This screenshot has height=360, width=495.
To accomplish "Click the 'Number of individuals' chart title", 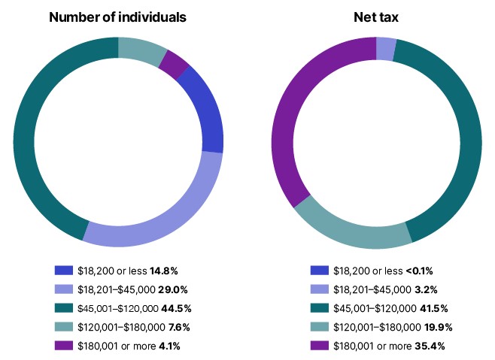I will pos(118,17).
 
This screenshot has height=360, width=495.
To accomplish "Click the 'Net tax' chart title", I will pos(375,17).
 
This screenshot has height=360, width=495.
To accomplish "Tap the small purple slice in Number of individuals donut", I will pos(174,64).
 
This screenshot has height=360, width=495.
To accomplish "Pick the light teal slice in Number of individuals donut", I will pos(143,48).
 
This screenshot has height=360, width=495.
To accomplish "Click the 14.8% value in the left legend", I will pos(163,270).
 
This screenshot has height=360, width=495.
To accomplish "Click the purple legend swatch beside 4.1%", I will pos(64,346).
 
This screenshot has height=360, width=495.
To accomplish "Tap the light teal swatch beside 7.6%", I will pos(64,327).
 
